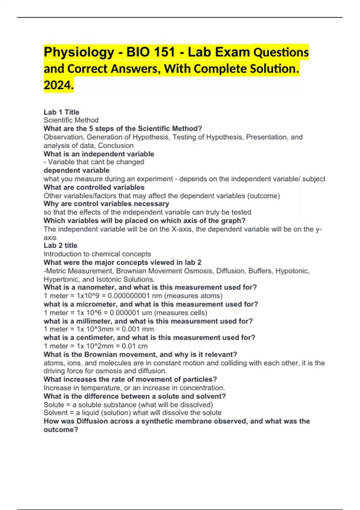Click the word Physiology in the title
[x=79, y=52]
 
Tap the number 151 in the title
[x=164, y=52]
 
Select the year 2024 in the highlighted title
[x=58, y=85]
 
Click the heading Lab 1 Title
[x=61, y=112]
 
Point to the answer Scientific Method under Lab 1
[x=71, y=120]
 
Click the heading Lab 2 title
[x=60, y=245]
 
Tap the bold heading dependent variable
[x=76, y=170]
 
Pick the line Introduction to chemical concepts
[x=97, y=254]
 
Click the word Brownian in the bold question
[x=102, y=354]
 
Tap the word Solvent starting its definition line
[x=54, y=412]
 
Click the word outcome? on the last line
[x=61, y=430]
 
